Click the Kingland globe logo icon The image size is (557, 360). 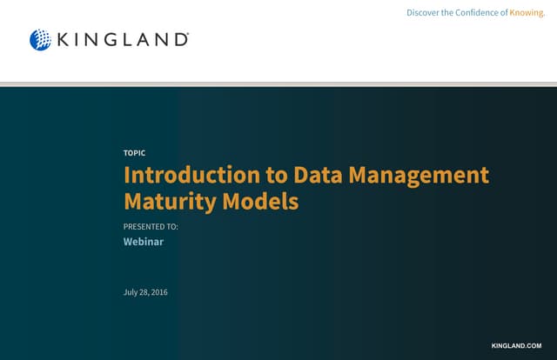pos(40,39)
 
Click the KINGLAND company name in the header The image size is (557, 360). pos(122,39)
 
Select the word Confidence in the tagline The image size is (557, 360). pos(477,12)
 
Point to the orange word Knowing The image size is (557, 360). pos(527,12)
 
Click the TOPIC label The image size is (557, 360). pos(135,153)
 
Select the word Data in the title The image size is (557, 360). pos(318,175)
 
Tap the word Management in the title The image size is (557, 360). pos(419,175)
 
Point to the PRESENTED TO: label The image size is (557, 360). pos(151,226)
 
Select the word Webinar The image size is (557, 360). pos(144,242)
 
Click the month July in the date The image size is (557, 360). pos(131,292)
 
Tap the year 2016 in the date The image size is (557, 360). pos(159,292)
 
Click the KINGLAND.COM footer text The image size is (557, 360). pos(522,346)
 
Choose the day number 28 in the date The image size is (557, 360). pos(144,292)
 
